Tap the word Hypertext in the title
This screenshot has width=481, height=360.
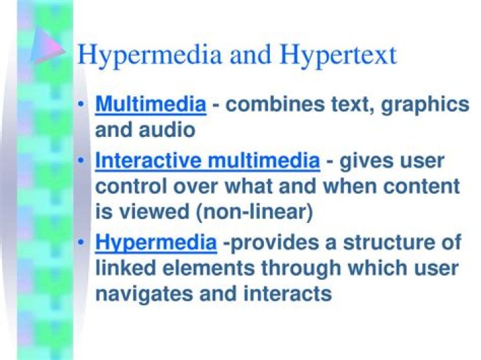[337, 55]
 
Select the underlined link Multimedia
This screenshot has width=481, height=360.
[150, 104]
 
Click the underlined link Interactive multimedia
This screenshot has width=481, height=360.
[208, 161]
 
